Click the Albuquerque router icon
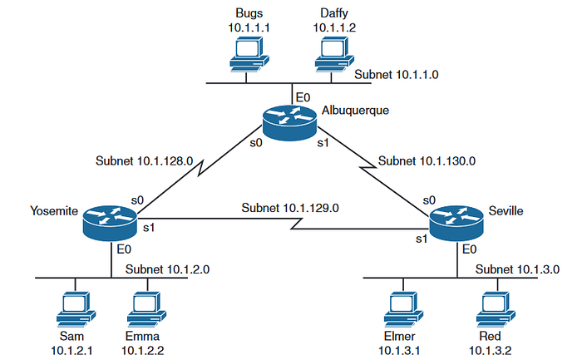[289, 122]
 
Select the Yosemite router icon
[110, 223]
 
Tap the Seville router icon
[456, 223]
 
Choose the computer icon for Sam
[76, 309]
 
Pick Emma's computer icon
[146, 309]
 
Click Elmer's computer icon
[403, 309]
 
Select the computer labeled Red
[496, 309]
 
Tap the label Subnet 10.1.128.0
[145, 160]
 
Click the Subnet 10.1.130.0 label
[427, 160]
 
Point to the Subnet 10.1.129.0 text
[290, 208]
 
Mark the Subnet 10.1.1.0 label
[397, 75]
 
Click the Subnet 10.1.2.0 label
[167, 269]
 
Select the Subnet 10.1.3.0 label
[517, 269]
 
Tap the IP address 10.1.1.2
[334, 27]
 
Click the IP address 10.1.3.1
[399, 351]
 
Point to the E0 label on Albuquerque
[303, 97]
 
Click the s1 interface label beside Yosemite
[149, 228]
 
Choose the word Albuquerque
[355, 111]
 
